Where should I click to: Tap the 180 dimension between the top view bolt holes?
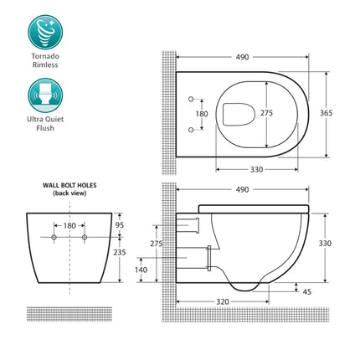[x=201, y=114]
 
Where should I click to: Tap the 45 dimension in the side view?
[x=306, y=291]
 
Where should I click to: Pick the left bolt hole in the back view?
[x=54, y=239]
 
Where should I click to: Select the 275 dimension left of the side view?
[x=156, y=243]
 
